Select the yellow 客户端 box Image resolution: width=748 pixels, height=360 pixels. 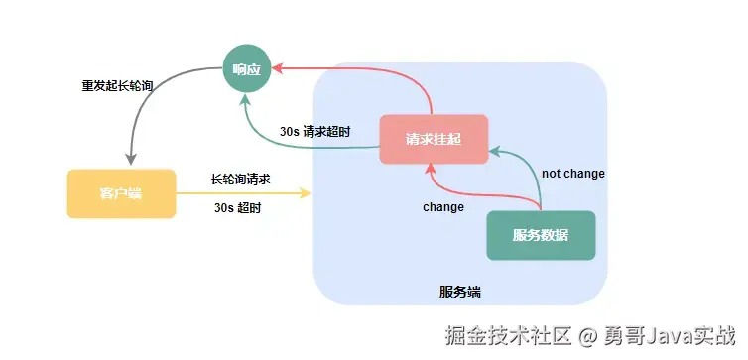121,193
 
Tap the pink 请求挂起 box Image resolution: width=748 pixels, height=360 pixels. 434,138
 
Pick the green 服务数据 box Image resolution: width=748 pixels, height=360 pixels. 541,235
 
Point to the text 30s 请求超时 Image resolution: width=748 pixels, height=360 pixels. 314,131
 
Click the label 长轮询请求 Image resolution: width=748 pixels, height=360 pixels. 241,180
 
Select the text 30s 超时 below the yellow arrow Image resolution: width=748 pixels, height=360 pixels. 238,208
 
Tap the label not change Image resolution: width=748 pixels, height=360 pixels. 572,174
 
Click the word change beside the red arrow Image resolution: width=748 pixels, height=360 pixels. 442,207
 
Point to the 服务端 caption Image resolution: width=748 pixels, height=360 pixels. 459,292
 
